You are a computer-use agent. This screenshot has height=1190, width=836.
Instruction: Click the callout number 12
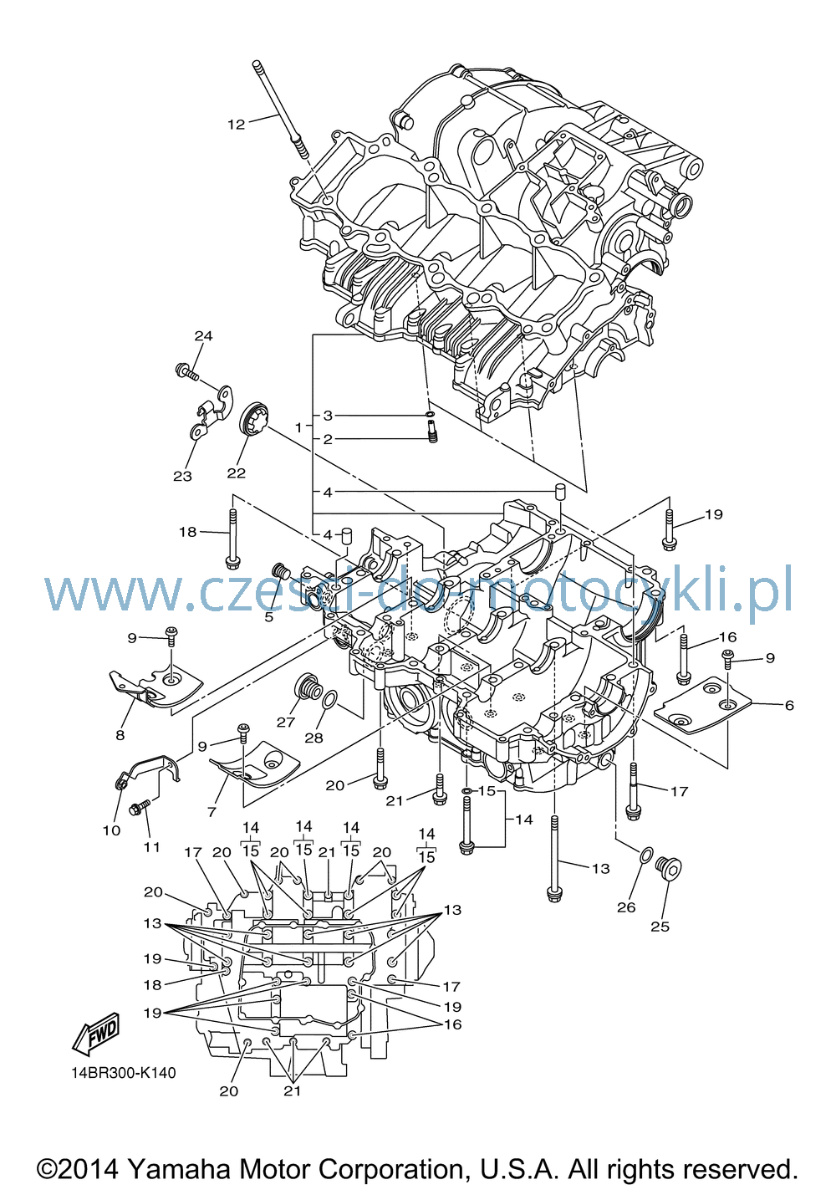(237, 125)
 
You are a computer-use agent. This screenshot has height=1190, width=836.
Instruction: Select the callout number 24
(203, 335)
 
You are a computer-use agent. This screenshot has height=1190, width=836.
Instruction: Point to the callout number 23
(182, 476)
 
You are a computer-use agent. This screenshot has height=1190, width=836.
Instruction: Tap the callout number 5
(268, 617)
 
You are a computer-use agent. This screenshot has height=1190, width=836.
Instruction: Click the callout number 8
(120, 735)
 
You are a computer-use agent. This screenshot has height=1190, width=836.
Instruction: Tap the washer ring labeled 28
(329, 700)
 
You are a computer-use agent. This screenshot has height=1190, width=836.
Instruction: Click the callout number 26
(626, 907)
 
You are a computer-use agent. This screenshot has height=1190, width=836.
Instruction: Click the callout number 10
(111, 830)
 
